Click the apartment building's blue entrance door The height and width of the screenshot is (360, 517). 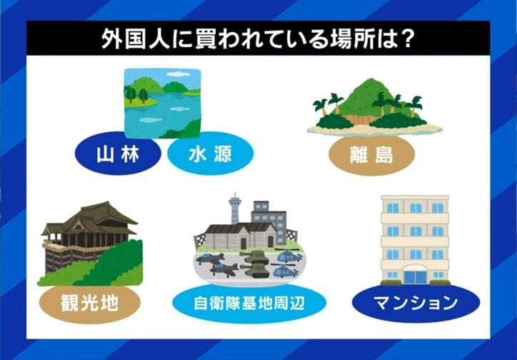point(415,276)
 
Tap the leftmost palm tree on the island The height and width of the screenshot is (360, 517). point(321,106)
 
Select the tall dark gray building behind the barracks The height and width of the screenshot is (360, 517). point(268,214)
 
